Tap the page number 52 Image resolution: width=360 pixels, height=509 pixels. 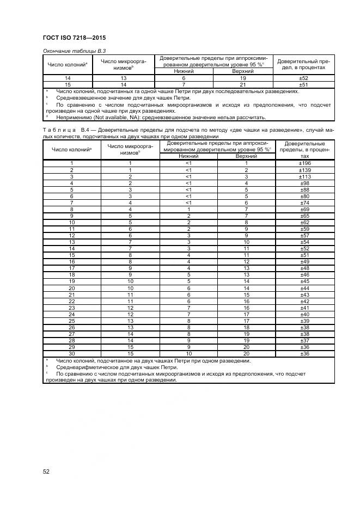coord(46,471)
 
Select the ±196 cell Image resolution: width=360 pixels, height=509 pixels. coord(305,163)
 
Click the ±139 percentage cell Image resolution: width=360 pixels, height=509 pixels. coord(305,170)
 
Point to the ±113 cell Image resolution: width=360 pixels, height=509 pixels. coord(305,176)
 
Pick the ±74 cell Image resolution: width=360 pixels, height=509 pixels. coord(305,203)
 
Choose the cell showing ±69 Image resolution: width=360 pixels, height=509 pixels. coord(305,209)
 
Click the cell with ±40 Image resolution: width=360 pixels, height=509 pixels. coord(305,314)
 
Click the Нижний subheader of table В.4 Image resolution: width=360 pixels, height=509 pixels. coord(188,156)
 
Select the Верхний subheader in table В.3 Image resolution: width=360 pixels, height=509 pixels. coord(243,71)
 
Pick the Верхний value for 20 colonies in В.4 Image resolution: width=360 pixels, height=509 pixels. coord(246,288)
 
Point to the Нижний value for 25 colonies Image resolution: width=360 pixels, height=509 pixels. coord(188,321)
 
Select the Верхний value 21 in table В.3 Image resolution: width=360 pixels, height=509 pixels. coord(243,85)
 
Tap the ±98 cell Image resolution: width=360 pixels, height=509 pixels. coord(305,183)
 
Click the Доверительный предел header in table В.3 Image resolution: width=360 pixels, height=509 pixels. coord(304,64)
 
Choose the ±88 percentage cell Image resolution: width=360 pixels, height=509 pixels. coord(305,189)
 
